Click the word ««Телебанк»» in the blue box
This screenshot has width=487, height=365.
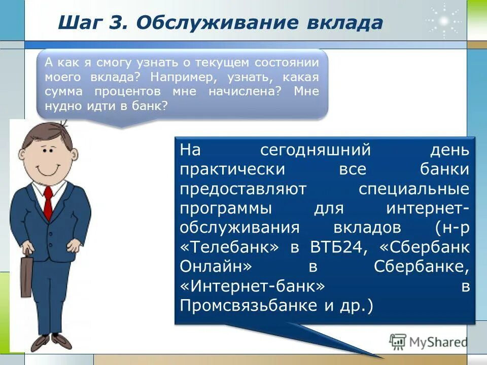(229, 247)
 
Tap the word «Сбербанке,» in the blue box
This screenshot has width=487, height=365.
(422, 267)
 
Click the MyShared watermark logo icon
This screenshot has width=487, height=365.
(398, 342)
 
